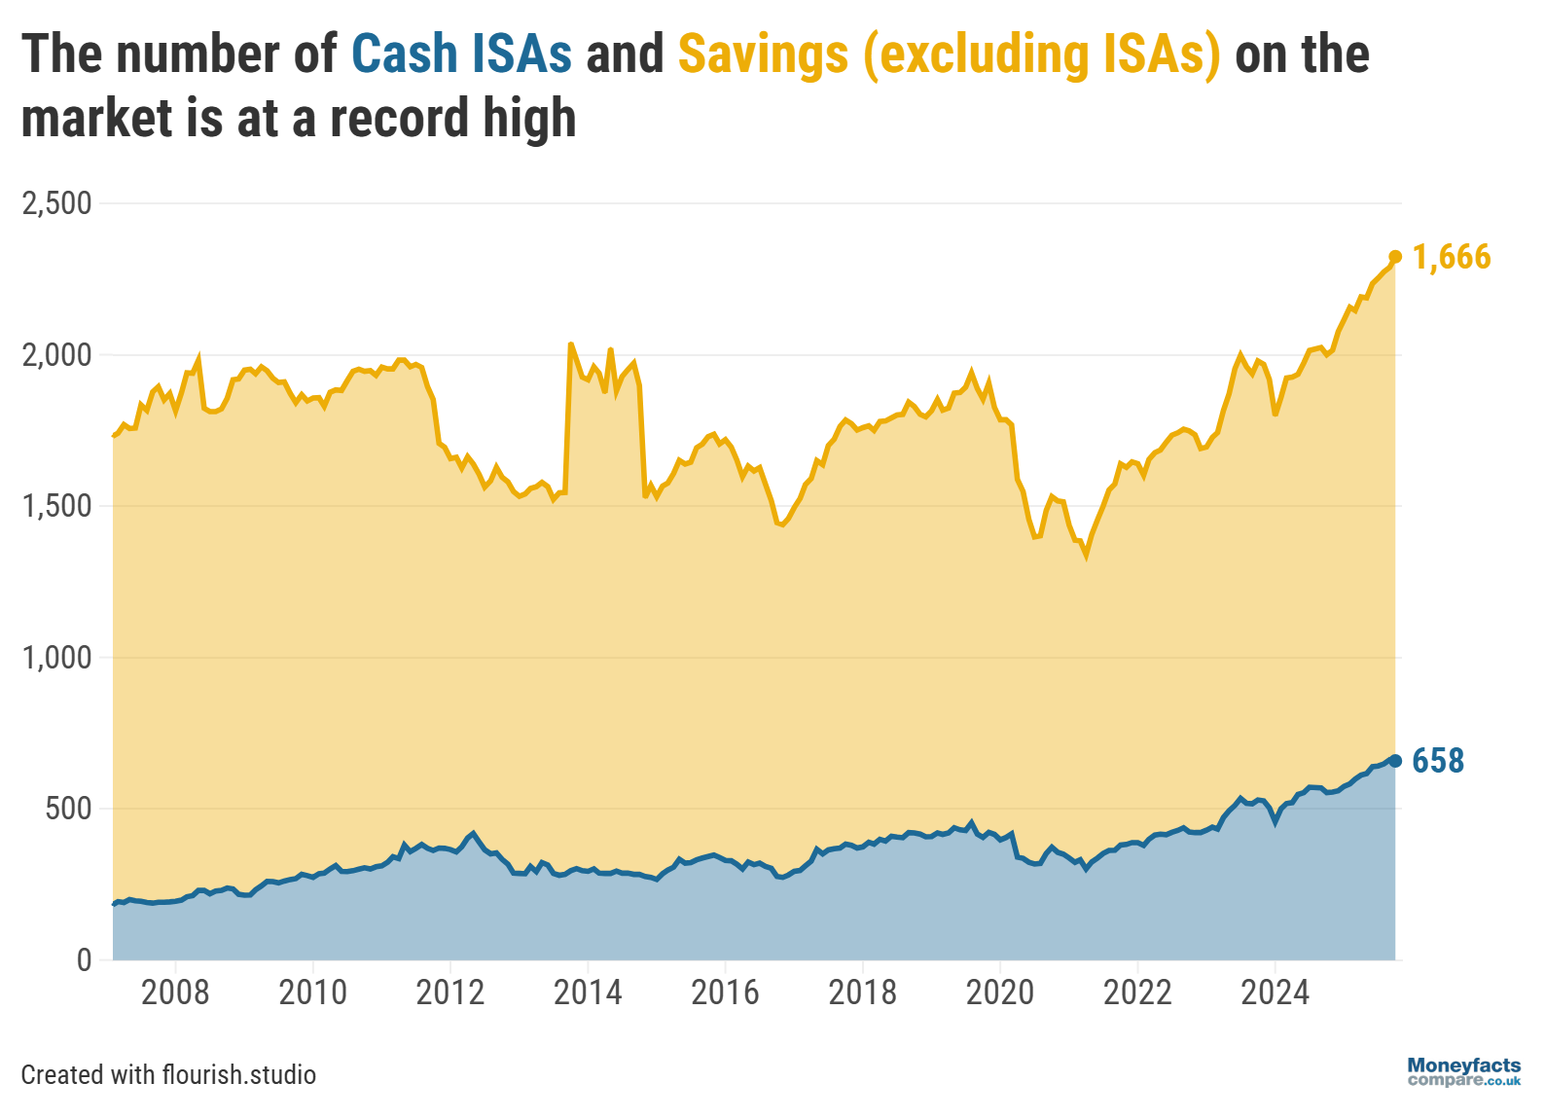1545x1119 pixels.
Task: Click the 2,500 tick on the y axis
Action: [56, 203]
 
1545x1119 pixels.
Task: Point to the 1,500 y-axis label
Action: [56, 506]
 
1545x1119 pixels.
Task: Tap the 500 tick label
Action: [68, 809]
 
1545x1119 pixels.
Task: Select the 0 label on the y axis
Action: [84, 959]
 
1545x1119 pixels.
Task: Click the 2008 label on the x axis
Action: [175, 993]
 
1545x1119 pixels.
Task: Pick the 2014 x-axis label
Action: [588, 993]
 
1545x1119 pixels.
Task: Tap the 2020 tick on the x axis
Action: [1000, 993]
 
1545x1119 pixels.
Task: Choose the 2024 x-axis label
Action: [1276, 993]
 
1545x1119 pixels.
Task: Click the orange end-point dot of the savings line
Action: [1395, 257]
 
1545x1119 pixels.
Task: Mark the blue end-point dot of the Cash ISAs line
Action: [1395, 761]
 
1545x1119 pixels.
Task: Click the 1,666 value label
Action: [1452, 257]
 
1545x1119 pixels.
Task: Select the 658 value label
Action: [1438, 761]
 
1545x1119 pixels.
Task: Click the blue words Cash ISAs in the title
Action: [461, 54]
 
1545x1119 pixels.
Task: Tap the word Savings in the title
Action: [763, 54]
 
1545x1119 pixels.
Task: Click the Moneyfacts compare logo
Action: [1463, 1072]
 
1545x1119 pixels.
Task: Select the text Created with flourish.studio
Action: [168, 1074]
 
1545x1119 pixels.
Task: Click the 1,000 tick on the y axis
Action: [56, 657]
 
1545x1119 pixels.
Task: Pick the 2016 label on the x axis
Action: [725, 993]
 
